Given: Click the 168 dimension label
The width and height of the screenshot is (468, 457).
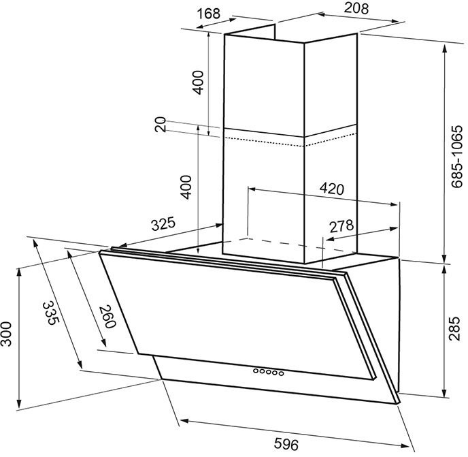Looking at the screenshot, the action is coord(209,14).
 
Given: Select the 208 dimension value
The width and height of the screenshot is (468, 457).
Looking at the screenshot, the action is coord(356,8).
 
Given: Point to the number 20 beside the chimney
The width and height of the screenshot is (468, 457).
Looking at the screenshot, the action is coord(161,124).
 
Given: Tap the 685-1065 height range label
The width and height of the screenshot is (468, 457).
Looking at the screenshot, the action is coord(456,157).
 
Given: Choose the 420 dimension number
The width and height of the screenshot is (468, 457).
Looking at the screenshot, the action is coord(331,189).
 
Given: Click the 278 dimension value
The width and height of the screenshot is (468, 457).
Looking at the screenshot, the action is coord(341,226).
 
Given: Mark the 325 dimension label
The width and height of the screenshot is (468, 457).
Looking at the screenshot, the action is coord(163,224).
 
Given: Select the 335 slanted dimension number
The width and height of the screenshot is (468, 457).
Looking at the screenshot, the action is coord(51,313).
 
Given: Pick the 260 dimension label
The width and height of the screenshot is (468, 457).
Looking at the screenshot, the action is coord(107,316).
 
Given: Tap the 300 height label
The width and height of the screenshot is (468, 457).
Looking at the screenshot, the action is coord(5,334).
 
